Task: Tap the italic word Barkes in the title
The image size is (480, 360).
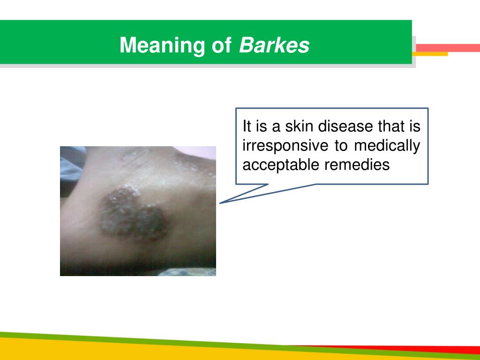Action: pyautogui.click(x=274, y=45)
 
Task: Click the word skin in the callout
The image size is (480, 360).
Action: pyautogui.click(x=300, y=127)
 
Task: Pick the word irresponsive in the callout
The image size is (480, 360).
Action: pyautogui.click(x=285, y=146)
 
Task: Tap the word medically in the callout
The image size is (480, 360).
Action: pyautogui.click(x=387, y=146)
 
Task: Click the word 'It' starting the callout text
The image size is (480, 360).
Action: pyautogui.click(x=247, y=127)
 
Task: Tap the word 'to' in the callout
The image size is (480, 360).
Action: pyautogui.click(x=341, y=146)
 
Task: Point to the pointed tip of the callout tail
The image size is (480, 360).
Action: pyautogui.click(x=221, y=203)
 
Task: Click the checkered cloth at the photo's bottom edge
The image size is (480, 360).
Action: pyautogui.click(x=187, y=271)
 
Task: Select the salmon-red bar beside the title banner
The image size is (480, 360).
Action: pyautogui.click(x=448, y=48)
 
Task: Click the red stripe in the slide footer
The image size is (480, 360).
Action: pyautogui.click(x=422, y=349)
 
